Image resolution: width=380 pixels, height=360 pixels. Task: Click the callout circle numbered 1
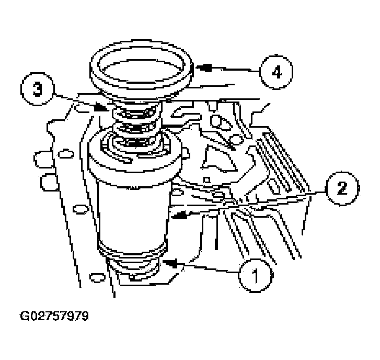(256, 275)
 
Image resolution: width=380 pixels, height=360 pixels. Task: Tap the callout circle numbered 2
(342, 189)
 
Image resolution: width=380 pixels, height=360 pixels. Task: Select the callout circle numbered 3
(38, 89)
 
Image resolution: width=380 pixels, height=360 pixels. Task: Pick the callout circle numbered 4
(277, 72)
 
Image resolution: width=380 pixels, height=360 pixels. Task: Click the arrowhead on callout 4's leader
(203, 67)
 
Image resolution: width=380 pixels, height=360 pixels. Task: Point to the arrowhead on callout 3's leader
(100, 107)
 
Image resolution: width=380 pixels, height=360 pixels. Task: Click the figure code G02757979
(54, 317)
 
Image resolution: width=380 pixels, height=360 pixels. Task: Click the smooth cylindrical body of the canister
(132, 213)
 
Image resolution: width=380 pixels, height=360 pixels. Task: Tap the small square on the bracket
(206, 180)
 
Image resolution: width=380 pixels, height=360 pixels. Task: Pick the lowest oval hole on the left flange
(97, 277)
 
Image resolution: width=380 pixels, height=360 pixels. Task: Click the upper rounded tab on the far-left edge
(43, 159)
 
